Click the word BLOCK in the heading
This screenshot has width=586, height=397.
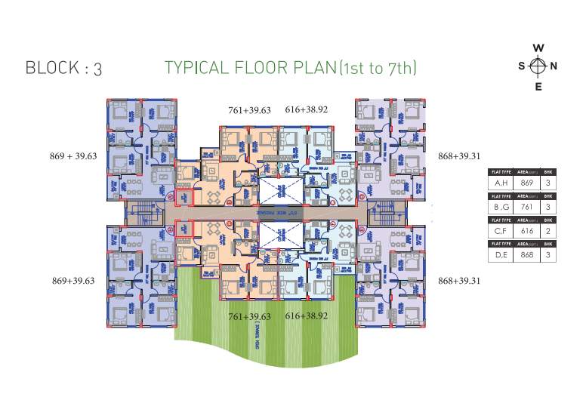coord(52,68)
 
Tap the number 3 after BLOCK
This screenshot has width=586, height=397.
coord(98,69)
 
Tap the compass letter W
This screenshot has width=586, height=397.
coord(538,48)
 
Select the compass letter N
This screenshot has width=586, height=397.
coord(554,66)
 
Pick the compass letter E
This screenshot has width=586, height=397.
coord(538,85)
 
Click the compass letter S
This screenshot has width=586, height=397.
coord(522,66)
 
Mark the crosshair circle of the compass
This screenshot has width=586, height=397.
coord(538,66)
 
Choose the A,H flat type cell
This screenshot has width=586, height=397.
coord(500,182)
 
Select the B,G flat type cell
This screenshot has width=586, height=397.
coord(500,205)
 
